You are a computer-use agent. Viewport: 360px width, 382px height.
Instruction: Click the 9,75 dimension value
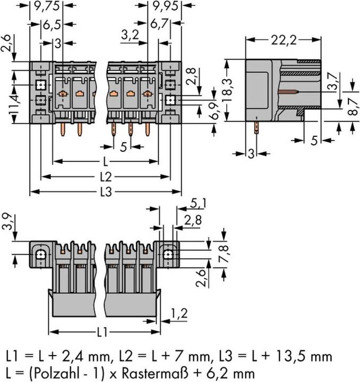pyautogui.click(x=47, y=6)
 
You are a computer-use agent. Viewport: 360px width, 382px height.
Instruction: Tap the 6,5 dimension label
pyautogui.click(x=52, y=24)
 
